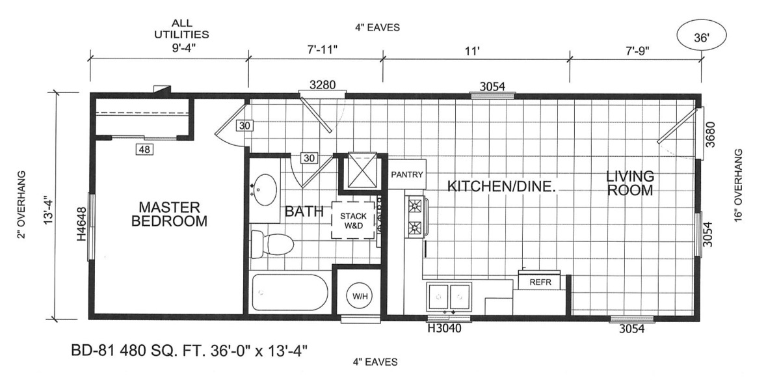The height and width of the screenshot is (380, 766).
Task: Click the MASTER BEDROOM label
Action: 169,213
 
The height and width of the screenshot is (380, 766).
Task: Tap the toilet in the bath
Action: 272,243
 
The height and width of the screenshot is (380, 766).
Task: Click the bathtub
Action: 289,292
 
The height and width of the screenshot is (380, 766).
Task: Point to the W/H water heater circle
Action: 356,295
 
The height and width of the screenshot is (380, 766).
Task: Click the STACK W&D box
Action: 352,221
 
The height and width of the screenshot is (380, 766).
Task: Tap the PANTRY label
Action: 407,174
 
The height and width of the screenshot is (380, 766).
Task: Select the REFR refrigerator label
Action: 540,282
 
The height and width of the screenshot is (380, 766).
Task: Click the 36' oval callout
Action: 701,37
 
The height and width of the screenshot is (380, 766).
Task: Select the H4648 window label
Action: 81,224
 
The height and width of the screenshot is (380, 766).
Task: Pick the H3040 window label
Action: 444,329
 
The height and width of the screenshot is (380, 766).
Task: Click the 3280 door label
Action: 323,85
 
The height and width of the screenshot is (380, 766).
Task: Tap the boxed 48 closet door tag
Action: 144,150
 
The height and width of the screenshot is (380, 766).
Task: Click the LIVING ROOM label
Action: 630,182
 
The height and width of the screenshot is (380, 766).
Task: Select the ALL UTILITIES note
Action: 181,29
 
